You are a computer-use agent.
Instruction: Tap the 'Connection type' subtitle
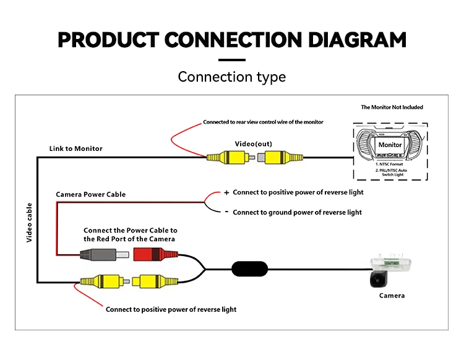(x=232, y=77)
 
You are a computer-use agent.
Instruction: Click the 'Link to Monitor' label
(x=76, y=148)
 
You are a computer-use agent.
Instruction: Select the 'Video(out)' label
(x=253, y=144)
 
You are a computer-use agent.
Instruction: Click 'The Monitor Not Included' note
(x=392, y=107)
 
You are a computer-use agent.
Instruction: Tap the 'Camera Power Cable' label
(x=91, y=194)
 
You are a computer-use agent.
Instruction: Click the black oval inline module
(x=250, y=269)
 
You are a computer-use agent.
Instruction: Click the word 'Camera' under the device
(x=392, y=296)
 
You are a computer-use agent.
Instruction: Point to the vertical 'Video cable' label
(x=29, y=221)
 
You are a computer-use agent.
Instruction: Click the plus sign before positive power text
(x=226, y=192)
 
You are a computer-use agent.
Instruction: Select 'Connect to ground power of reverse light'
(x=297, y=212)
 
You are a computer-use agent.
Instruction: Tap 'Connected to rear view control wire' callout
(x=263, y=122)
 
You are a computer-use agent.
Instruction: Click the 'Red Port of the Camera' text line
(x=129, y=239)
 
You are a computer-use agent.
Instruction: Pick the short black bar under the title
(x=232, y=59)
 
